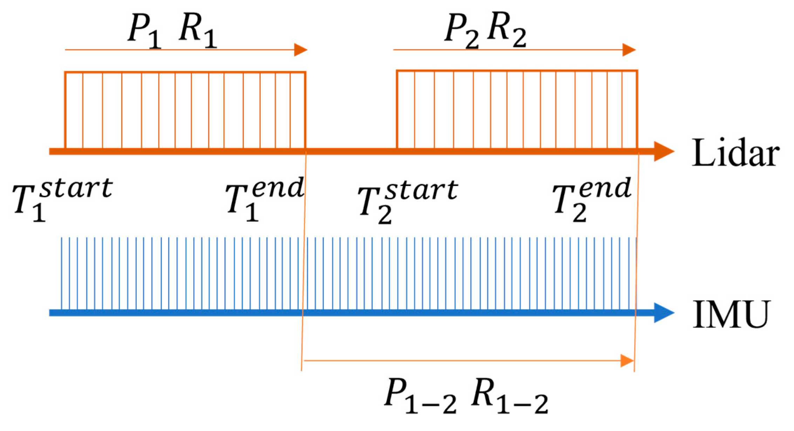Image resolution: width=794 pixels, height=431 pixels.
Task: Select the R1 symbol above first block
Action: point(197,31)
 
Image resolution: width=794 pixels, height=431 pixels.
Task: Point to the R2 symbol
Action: point(507,31)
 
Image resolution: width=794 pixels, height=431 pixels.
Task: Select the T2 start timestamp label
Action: point(407,201)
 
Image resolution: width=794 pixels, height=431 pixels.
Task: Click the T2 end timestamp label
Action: point(591,199)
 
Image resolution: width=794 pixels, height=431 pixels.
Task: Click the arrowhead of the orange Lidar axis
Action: point(664,151)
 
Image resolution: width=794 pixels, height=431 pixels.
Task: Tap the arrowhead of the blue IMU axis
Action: point(664,312)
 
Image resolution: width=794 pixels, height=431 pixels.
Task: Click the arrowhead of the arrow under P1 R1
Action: point(300,50)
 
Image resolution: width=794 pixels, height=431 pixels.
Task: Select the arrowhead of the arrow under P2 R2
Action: point(629,50)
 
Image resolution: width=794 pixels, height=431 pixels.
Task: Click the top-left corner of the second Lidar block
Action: point(397,71)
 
